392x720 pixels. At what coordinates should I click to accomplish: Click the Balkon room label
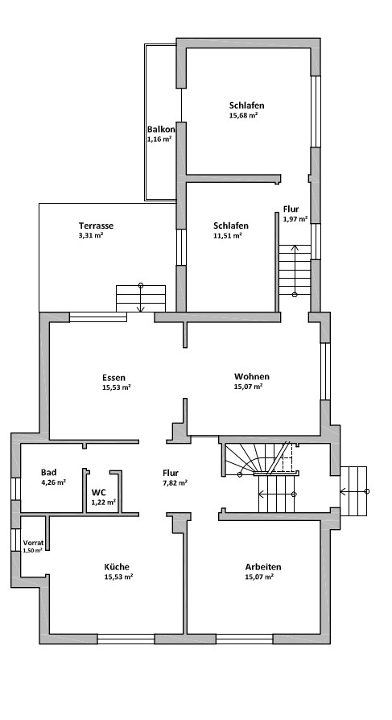coord(161,130)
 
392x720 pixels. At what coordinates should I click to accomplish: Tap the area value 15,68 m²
coord(243,115)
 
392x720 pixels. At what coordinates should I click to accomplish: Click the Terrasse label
coord(96,226)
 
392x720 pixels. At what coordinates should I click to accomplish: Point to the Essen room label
coord(113,378)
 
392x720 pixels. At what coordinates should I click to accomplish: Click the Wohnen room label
coord(252,377)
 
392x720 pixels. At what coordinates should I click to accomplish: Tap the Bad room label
coord(48,473)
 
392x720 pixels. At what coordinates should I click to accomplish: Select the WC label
coord(99,493)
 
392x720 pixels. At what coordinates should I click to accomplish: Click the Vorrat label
coord(34,543)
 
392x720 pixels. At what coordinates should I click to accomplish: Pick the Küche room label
coord(117,567)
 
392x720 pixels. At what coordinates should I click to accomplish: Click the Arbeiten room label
coord(263,567)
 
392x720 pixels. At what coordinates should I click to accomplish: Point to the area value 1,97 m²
coord(295,219)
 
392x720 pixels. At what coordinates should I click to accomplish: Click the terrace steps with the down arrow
coord(141,299)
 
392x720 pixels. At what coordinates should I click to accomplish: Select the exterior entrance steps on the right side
coord(353,490)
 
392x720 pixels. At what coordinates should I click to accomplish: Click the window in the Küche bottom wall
coord(126,639)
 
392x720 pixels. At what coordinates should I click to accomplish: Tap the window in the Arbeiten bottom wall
coord(244,639)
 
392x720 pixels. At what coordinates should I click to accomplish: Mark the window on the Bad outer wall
coord(15,489)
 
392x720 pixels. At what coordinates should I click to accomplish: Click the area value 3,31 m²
coord(91,235)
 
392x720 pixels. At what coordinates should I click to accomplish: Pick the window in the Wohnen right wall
coord(325,371)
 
